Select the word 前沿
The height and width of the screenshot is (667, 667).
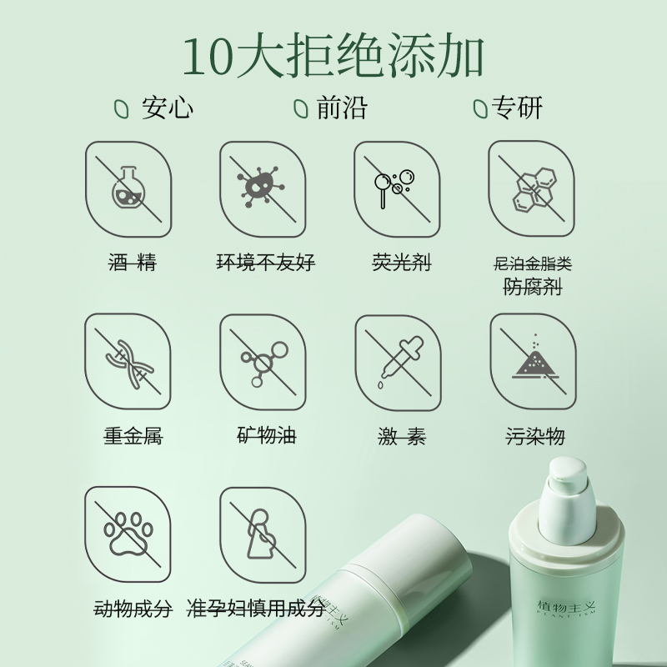pyautogui.click(x=342, y=108)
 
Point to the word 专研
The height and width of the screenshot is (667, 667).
pyautogui.click(x=519, y=108)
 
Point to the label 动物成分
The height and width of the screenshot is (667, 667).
pyautogui.click(x=132, y=609)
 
